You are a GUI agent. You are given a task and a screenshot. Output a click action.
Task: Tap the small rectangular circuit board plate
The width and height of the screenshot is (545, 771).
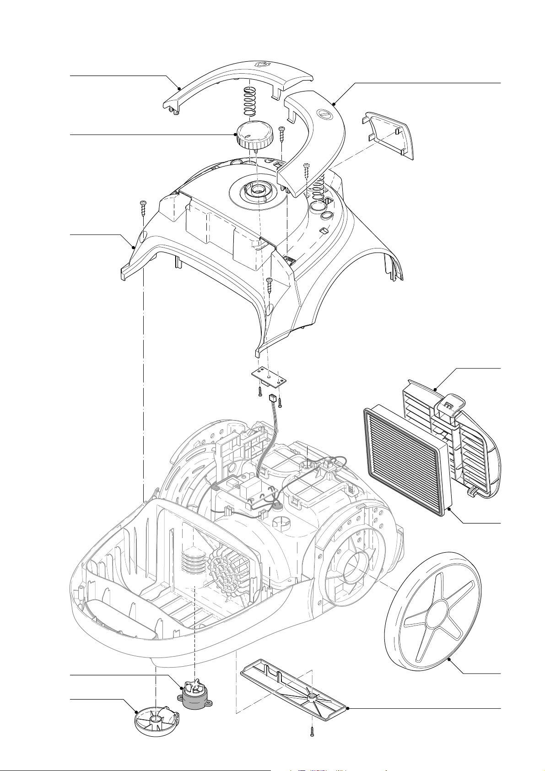pyautogui.click(x=269, y=377)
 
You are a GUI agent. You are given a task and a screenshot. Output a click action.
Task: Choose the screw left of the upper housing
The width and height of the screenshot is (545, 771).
pyautogui.click(x=143, y=208)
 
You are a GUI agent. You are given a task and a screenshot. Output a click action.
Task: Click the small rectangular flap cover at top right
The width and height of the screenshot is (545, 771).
pyautogui.click(x=389, y=135)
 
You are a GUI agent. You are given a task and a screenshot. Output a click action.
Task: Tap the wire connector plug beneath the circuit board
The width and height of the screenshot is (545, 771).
pyautogui.click(x=274, y=399)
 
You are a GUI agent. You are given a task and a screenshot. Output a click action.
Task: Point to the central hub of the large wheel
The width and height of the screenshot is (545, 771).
pyautogui.click(x=433, y=609)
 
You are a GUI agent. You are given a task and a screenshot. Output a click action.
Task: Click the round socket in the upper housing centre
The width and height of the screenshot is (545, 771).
pyautogui.click(x=257, y=189)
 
